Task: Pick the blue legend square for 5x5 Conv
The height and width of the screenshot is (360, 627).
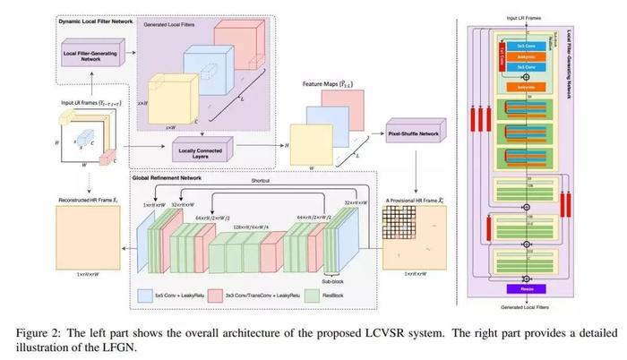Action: [x=146, y=292]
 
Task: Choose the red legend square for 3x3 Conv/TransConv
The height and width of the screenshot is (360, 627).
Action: [x=227, y=292]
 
